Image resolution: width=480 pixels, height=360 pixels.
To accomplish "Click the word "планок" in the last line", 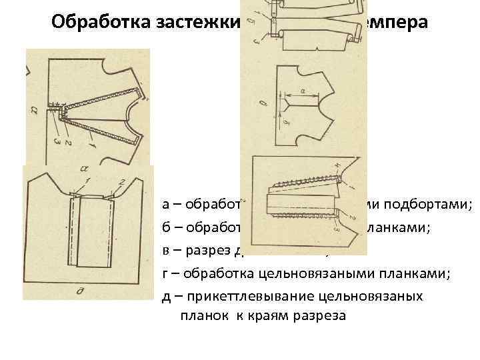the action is [201, 315].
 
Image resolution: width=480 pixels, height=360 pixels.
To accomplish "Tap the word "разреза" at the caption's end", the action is [323, 315].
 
